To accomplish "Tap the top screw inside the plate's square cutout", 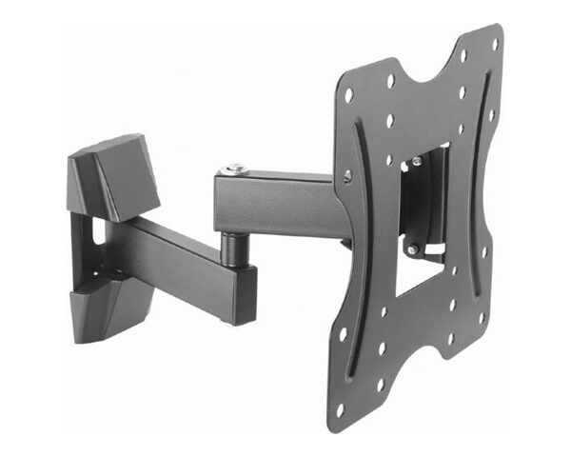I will click(416, 164).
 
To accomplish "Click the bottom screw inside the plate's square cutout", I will click(413, 249).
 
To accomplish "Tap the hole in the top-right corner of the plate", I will click(495, 44).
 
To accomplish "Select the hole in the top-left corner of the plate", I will click(349, 96).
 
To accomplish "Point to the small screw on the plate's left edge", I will click(347, 175).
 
